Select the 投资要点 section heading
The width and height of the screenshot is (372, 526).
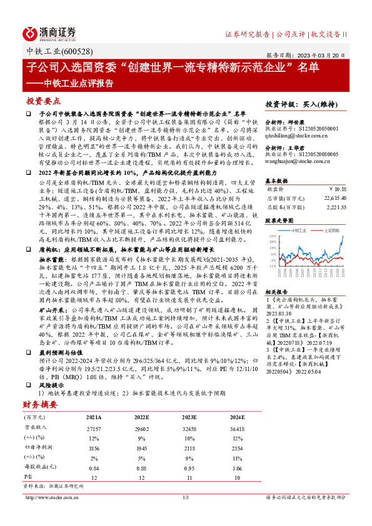click(x=44, y=100)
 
